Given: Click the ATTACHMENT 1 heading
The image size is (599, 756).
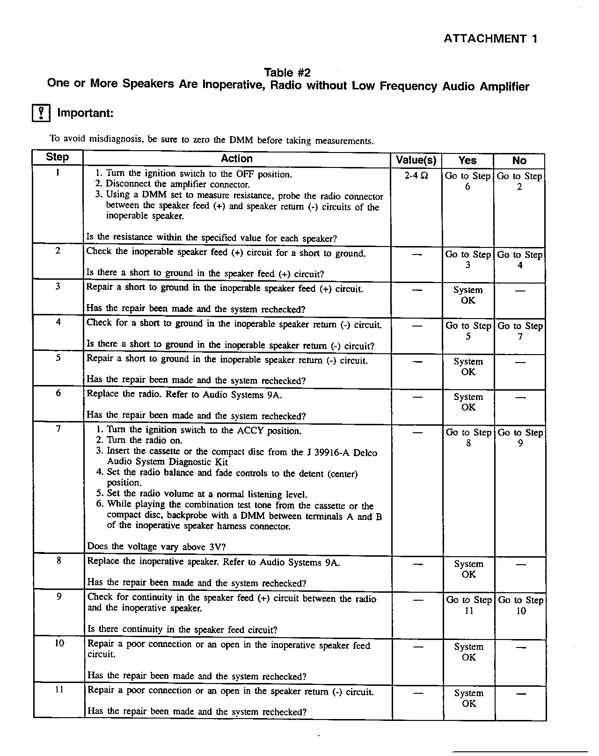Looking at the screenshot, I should [490, 39].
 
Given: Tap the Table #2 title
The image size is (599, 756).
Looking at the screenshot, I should [287, 73].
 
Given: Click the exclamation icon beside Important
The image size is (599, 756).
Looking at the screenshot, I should [41, 113].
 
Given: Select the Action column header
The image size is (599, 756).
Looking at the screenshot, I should [237, 159].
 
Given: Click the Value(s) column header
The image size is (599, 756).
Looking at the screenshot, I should [416, 160].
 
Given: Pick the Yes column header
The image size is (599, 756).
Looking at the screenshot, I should [468, 160].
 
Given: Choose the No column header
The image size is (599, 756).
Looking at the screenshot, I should [519, 160].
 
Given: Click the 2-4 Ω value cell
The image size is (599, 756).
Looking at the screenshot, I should [416, 176].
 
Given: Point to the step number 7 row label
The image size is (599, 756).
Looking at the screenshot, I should [58, 429].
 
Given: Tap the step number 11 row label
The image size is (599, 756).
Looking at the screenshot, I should [59, 689].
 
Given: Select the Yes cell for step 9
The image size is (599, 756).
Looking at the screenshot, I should [469, 605].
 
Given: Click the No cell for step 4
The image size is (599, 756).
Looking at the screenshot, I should [520, 331].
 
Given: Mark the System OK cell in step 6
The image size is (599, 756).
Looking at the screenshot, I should [468, 402].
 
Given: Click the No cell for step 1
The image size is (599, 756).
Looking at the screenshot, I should [519, 182].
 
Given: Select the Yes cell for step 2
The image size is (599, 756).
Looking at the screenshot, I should [468, 260].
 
